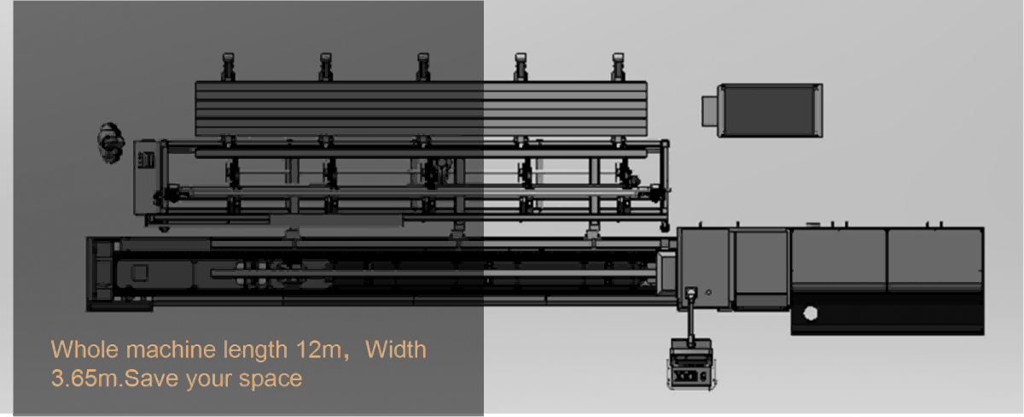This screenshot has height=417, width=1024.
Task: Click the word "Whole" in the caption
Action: (x=84, y=349)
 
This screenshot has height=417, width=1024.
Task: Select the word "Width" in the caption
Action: (x=396, y=349)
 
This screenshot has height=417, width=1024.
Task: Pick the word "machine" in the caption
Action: (x=171, y=349)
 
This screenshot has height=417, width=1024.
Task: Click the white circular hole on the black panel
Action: (x=810, y=314)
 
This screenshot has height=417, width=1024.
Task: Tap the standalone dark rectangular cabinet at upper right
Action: (x=771, y=110)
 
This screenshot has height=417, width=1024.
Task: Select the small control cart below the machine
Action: (x=691, y=364)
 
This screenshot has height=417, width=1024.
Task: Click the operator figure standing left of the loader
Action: (x=110, y=143)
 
